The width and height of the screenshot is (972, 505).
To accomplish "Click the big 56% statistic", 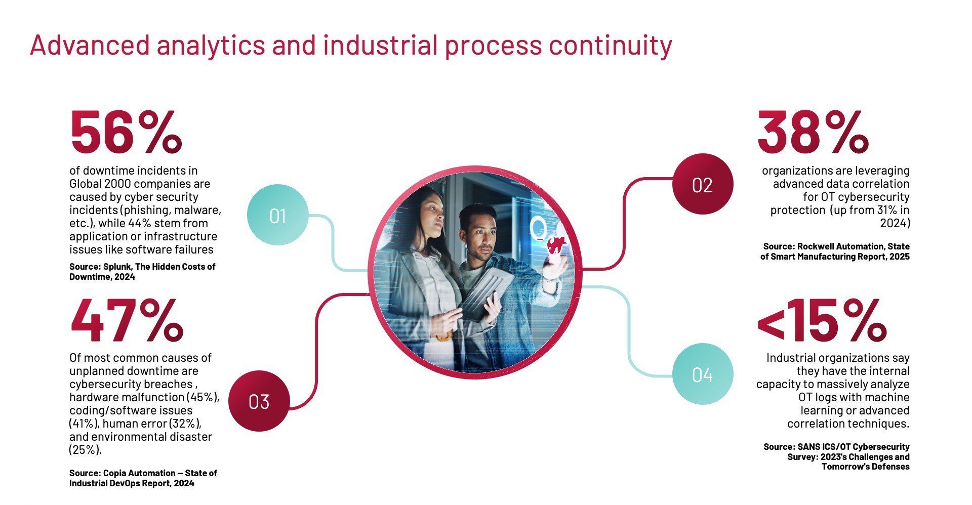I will coord(126,133).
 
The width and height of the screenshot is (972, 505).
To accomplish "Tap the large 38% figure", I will coord(813,133).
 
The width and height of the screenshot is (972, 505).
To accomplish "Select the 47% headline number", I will coord(127,321).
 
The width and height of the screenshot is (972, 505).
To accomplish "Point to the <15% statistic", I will coord(821,321).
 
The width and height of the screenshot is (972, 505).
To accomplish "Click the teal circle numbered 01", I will coord(277,216).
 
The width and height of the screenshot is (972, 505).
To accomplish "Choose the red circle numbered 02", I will coord(702,185).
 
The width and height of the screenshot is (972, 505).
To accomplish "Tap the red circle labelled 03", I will coord(259,401).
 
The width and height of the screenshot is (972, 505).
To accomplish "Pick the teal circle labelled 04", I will coord(702,374).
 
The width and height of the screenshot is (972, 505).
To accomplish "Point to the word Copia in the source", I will coord(115,473).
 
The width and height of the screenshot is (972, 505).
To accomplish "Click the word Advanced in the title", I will coord(90,46).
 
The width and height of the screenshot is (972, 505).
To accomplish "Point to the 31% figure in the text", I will coord(880,210).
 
